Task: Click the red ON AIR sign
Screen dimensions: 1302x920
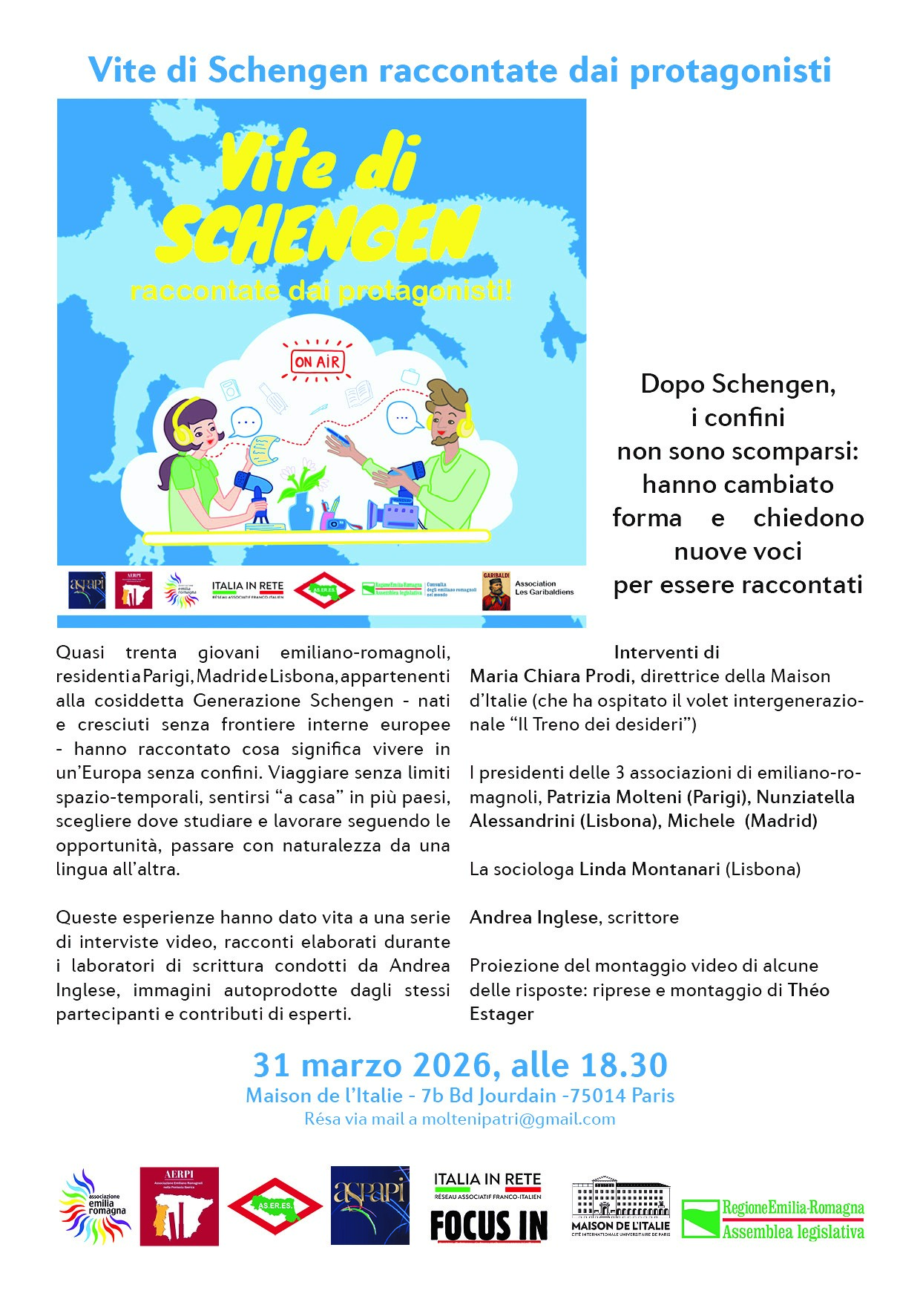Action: [x=318, y=362]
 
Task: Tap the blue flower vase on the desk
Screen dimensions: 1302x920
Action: [x=301, y=508]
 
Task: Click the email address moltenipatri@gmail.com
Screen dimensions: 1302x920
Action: [x=519, y=1119]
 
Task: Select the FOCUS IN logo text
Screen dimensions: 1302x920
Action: [x=489, y=1225]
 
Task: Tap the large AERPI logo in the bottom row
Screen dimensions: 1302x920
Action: [x=179, y=1206]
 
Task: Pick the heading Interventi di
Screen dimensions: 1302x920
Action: [x=666, y=652]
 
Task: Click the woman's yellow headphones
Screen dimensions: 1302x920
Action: [x=183, y=431]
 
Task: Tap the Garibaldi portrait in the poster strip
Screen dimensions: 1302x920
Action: [x=496, y=591]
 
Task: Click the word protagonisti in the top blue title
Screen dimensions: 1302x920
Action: [x=730, y=71]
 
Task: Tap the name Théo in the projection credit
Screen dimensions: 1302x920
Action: [x=808, y=989]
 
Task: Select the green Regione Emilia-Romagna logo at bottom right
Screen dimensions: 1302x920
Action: [x=772, y=1220]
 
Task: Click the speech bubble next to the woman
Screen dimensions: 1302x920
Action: [x=246, y=422]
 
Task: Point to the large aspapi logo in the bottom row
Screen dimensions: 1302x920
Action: [x=369, y=1205]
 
